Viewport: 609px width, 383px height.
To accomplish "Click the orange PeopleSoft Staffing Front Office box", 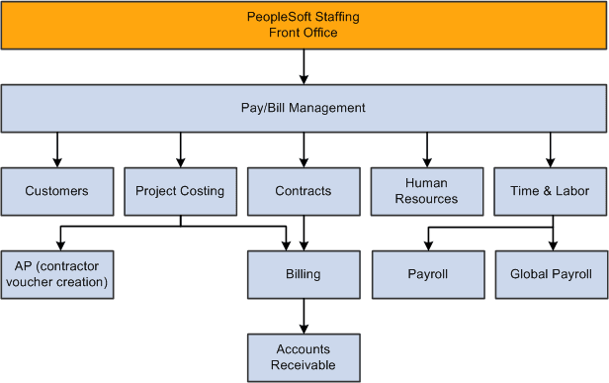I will (x=304, y=25).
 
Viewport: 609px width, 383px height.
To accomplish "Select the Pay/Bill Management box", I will (x=304, y=108).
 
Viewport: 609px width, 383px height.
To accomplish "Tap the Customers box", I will (x=56, y=191).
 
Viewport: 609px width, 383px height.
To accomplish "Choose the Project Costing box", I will (x=180, y=191).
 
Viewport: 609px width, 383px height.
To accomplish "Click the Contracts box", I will (x=304, y=191).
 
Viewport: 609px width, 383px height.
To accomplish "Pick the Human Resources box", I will (x=427, y=191).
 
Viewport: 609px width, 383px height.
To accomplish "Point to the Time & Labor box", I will (x=552, y=191).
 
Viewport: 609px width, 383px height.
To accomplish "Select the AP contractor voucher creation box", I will (x=56, y=274).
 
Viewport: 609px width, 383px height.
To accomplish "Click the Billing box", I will (x=304, y=274).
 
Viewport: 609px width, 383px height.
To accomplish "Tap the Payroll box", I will (x=427, y=274).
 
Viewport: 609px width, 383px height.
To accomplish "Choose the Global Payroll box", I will (x=552, y=274).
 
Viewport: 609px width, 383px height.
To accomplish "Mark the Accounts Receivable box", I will (x=304, y=357).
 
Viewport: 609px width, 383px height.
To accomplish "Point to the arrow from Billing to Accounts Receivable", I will (x=304, y=316).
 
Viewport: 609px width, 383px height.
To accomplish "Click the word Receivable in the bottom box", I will (x=304, y=365).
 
